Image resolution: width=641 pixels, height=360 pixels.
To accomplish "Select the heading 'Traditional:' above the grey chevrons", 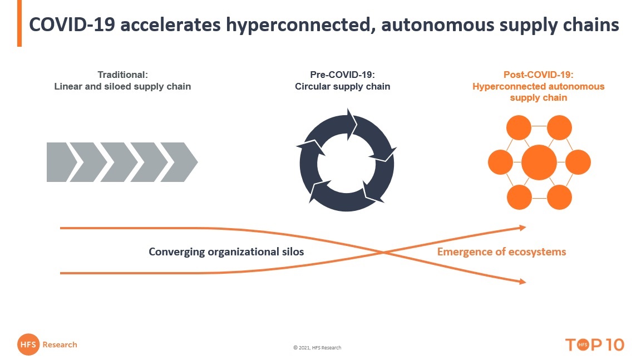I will pyautogui.click(x=122, y=75).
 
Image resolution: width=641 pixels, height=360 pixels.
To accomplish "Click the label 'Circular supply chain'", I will pyautogui.click(x=342, y=87).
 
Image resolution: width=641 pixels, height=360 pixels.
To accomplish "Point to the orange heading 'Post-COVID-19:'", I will pyautogui.click(x=538, y=75).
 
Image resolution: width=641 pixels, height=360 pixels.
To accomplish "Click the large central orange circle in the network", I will pyautogui.click(x=539, y=162).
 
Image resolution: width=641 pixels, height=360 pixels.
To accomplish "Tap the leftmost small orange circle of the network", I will pyautogui.click(x=500, y=162).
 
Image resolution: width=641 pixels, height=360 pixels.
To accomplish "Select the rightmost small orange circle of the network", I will pyautogui.click(x=578, y=162).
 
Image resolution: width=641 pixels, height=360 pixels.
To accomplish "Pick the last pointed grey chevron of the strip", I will pyautogui.click(x=181, y=162).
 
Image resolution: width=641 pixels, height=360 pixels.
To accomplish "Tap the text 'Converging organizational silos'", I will pyautogui.click(x=226, y=251).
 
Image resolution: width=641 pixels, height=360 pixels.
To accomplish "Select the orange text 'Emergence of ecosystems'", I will pyautogui.click(x=501, y=251).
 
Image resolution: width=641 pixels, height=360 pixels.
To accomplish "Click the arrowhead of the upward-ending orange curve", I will pyautogui.click(x=522, y=227).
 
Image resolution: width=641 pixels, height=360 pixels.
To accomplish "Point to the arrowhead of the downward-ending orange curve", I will pyautogui.click(x=522, y=282).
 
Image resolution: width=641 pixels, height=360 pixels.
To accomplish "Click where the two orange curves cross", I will pyautogui.click(x=383, y=252).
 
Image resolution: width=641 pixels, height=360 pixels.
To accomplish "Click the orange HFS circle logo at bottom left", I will pyautogui.click(x=28, y=345).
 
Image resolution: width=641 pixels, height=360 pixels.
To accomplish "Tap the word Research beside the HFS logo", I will pyautogui.click(x=60, y=345).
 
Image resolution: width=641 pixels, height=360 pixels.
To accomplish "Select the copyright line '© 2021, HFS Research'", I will pyautogui.click(x=317, y=348).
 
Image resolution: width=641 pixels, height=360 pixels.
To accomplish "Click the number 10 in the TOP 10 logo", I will pyautogui.click(x=613, y=345).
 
